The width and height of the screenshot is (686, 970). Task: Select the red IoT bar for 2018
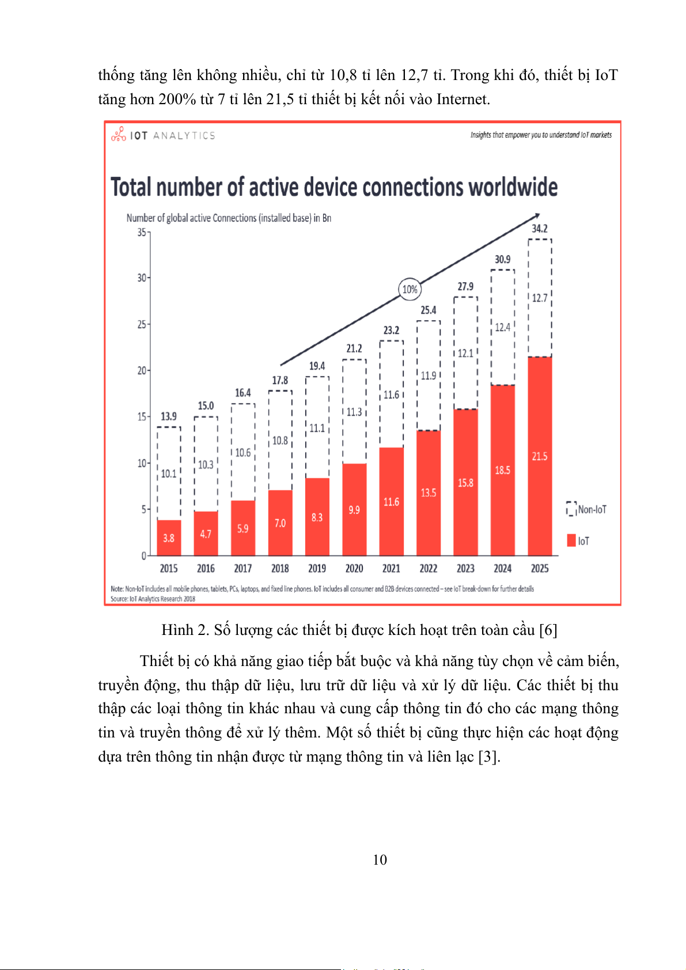(x=280, y=523)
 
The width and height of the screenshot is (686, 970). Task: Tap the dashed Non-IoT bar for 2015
(x=169, y=473)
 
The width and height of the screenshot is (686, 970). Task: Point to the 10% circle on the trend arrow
(x=410, y=289)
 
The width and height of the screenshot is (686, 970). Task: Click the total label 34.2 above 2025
(x=539, y=229)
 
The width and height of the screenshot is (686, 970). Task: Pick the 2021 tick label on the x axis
(x=391, y=568)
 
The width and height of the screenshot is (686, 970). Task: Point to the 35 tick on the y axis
(x=142, y=233)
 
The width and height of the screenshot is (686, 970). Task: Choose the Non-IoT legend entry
(x=587, y=509)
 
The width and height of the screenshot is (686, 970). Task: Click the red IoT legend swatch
(x=571, y=541)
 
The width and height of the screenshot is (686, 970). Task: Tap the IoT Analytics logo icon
(x=119, y=135)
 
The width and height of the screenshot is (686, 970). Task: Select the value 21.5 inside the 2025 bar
(x=539, y=457)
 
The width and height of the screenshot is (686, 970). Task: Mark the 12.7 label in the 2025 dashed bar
(x=539, y=298)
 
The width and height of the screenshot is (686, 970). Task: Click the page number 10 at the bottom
(x=380, y=859)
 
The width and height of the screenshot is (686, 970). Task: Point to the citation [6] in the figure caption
(x=548, y=630)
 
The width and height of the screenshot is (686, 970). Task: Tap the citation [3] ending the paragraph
(x=489, y=756)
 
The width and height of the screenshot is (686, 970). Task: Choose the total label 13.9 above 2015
(x=169, y=416)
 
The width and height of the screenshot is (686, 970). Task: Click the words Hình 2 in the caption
(x=185, y=630)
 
